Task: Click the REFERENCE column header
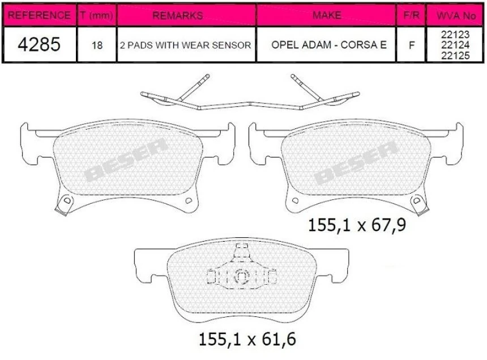click(39, 15)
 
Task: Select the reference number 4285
click(39, 45)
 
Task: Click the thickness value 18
click(97, 45)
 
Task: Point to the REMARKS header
click(177, 15)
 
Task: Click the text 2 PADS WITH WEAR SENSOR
click(185, 45)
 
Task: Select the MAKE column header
click(327, 15)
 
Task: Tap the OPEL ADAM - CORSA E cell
click(327, 45)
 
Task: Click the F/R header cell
click(411, 15)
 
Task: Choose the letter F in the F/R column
click(411, 45)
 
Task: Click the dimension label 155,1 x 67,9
click(357, 226)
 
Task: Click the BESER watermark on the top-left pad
click(126, 160)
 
